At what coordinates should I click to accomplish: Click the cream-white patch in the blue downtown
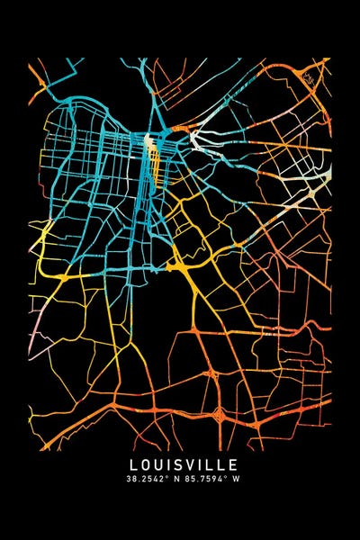click(x=149, y=140)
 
